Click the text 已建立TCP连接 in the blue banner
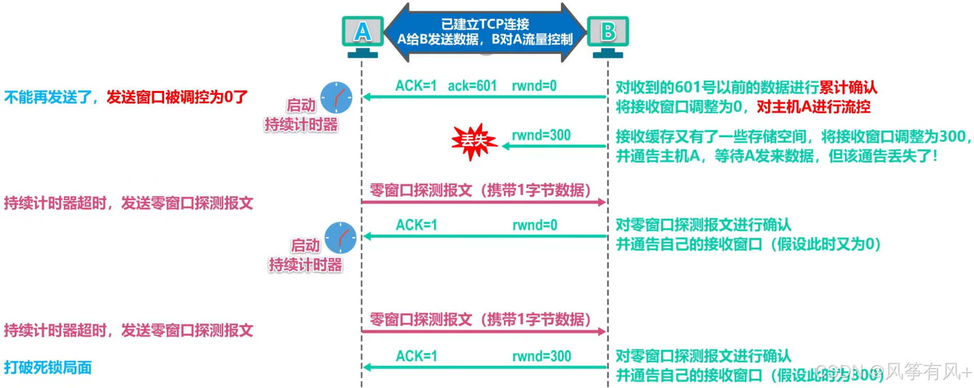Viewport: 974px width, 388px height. coord(485,24)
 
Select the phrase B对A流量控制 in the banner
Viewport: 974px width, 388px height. coord(532,40)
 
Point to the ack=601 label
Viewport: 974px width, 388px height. coord(472,86)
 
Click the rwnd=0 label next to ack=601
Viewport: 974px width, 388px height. coord(534,86)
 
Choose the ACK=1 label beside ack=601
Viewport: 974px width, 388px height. coord(416,86)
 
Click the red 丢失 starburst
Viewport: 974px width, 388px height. coord(473,140)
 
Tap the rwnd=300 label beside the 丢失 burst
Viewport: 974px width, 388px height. coord(541,135)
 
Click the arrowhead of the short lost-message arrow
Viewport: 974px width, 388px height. coord(506,147)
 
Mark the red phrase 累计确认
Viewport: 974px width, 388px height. coord(848,87)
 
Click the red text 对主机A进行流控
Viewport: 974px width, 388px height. coord(813,107)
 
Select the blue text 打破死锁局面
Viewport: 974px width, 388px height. coord(48,367)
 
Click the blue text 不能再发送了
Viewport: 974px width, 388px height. coord(48,97)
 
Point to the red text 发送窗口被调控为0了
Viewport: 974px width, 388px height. coord(177,97)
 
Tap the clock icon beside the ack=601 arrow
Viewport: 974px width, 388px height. coord(336,98)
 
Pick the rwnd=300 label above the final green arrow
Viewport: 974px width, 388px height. coord(541,356)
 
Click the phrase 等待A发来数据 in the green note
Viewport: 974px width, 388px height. coord(764,156)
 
